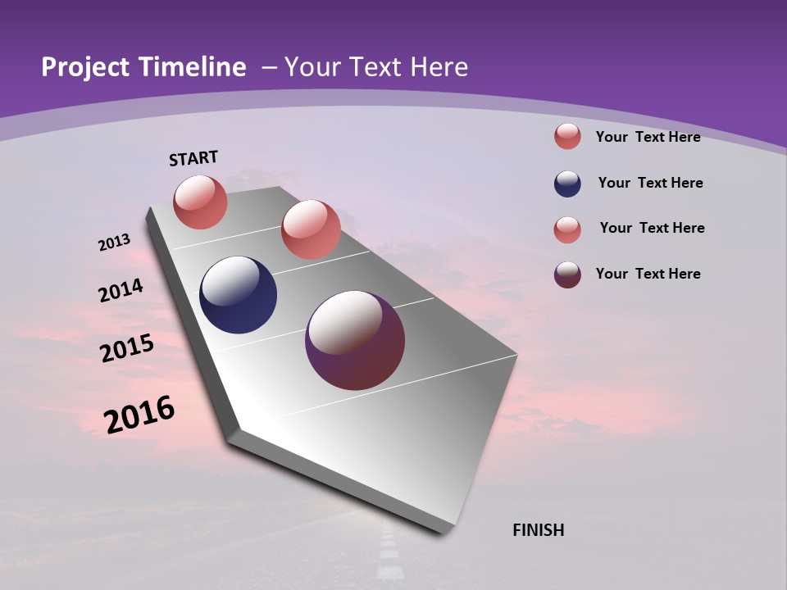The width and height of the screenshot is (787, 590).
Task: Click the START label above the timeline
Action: [x=193, y=158]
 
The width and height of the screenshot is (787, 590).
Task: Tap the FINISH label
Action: [x=538, y=530]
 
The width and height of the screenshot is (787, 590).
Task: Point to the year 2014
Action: [x=121, y=291]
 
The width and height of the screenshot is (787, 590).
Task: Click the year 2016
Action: [x=139, y=415]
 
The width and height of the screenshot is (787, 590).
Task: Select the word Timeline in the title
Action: [x=192, y=67]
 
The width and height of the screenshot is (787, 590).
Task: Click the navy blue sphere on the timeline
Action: [x=238, y=295]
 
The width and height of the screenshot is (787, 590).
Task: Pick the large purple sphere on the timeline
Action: [x=355, y=340]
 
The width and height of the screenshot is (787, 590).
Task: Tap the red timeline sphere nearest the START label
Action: [x=200, y=202]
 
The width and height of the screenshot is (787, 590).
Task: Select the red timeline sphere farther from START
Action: [x=311, y=229]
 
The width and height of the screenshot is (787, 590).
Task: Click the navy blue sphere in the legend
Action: [x=567, y=184]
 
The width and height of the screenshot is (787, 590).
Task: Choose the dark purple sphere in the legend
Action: [x=567, y=275]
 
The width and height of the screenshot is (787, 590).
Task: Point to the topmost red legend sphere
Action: [x=567, y=136]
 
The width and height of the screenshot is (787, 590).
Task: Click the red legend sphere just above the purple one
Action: [x=567, y=229]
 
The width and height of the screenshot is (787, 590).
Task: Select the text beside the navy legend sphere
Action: [x=650, y=183]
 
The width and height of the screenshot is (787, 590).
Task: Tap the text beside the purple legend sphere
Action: [x=648, y=274]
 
